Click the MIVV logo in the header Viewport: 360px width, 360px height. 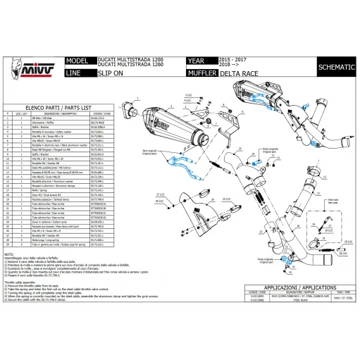(x=23, y=66)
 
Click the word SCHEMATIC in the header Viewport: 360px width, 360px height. (x=332, y=66)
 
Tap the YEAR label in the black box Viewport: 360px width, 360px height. (x=197, y=61)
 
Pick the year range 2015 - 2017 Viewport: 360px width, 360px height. (x=237, y=60)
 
